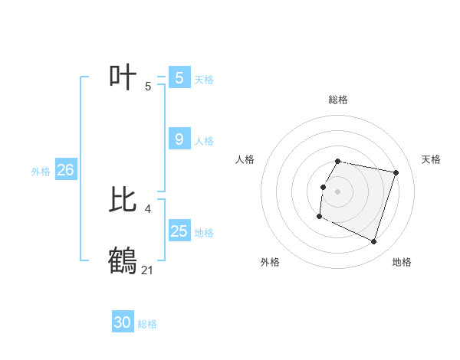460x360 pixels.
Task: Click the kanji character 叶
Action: click(123, 77)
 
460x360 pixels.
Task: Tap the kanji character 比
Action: click(123, 200)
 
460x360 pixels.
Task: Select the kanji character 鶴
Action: click(123, 260)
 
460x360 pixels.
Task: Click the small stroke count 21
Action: click(148, 270)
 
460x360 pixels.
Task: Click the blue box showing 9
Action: click(179, 139)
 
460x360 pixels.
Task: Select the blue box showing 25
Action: click(179, 231)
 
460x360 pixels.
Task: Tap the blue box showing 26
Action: click(65, 170)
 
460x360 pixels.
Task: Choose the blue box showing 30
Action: click(123, 322)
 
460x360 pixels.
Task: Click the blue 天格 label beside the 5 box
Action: click(204, 79)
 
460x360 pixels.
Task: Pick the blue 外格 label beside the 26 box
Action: click(41, 172)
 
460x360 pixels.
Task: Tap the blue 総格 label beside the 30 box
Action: click(147, 324)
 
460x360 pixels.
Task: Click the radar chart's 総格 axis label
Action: click(338, 100)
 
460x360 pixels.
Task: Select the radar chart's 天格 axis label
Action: click(431, 159)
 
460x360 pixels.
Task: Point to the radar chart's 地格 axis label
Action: click(402, 262)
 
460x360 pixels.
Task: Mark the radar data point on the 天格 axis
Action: click(396, 172)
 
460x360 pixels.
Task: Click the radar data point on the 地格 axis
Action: click(374, 242)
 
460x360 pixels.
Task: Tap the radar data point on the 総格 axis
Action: click(338, 162)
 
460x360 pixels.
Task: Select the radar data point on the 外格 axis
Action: click(319, 217)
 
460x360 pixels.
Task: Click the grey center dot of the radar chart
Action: click(338, 191)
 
